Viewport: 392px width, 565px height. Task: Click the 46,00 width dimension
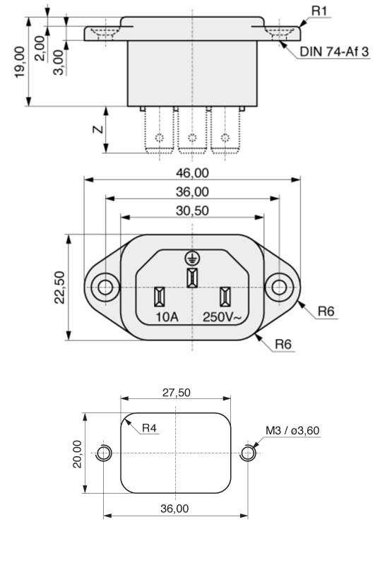point(191,172)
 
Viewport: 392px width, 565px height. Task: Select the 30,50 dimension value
point(191,210)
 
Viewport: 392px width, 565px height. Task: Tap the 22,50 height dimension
point(60,287)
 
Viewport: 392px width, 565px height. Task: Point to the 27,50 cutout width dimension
point(174,392)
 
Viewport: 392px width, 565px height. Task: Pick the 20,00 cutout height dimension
point(77,452)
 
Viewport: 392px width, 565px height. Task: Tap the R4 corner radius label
point(149,428)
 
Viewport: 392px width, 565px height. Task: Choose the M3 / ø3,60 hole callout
point(292,429)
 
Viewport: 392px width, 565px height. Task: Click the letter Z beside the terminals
point(98,129)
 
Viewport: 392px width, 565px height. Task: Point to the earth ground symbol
point(191,258)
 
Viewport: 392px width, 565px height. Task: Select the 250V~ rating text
point(222,317)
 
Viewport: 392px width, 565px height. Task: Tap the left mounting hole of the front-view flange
point(105,287)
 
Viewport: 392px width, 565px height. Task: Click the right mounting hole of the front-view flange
point(279,287)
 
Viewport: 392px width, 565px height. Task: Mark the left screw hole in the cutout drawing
point(104,453)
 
